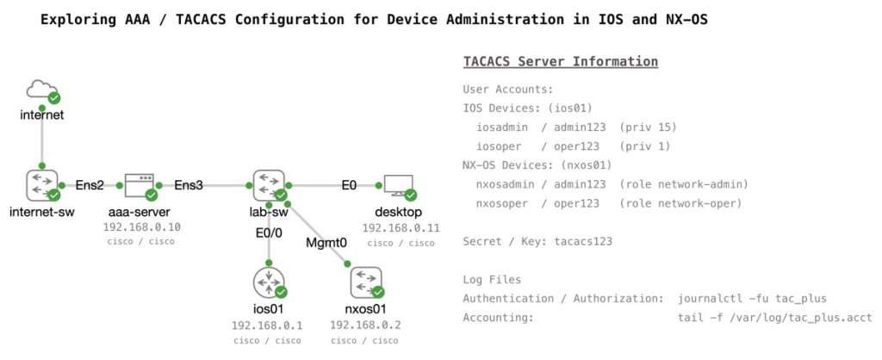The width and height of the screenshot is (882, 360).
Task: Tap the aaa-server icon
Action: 139,184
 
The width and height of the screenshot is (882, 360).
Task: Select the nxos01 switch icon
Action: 366,282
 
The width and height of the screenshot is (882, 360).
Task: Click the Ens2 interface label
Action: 90,184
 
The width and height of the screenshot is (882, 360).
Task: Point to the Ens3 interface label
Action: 189,184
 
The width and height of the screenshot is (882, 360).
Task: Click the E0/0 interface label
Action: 270,232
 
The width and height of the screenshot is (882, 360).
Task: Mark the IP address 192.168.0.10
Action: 141,227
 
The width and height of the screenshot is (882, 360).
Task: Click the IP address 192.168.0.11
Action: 401,228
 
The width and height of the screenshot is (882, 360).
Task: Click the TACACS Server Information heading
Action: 561,62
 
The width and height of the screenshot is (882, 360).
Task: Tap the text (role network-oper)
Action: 680,203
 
